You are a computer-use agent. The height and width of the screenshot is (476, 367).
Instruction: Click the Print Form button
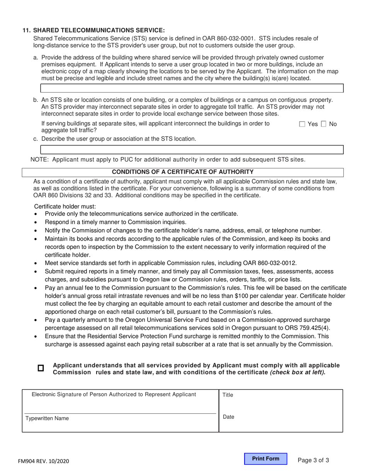pos(265,459)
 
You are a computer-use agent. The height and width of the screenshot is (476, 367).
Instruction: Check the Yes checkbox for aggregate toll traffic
pos(302,124)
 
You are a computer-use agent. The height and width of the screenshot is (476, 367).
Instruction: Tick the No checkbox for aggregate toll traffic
pos(324,124)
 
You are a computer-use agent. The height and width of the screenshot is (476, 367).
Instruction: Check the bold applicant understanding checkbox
pos(41,368)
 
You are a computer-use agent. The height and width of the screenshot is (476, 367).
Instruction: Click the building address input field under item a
pos(192,88)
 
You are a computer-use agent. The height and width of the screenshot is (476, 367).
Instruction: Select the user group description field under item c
pos(192,150)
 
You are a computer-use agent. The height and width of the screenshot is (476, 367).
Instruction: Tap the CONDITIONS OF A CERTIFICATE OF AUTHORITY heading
pos(183,172)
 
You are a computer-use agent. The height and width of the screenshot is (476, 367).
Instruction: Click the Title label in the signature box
pos(228,395)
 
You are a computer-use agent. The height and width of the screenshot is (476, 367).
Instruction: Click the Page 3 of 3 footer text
pos(313,460)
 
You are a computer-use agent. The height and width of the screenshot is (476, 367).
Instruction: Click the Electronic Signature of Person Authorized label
pos(114,394)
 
